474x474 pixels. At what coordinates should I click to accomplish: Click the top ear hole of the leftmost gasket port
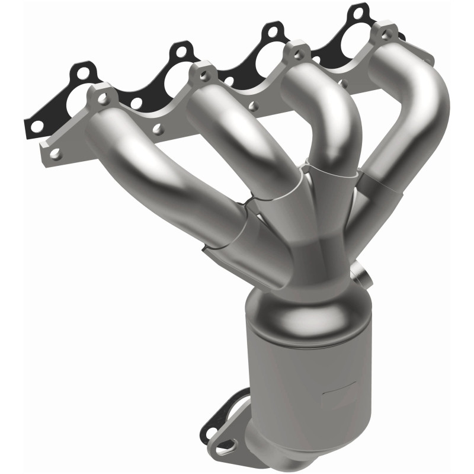pos(84,73)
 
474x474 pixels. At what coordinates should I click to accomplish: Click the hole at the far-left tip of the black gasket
pos(37,126)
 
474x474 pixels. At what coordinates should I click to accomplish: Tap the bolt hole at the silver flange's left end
pos(55,153)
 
